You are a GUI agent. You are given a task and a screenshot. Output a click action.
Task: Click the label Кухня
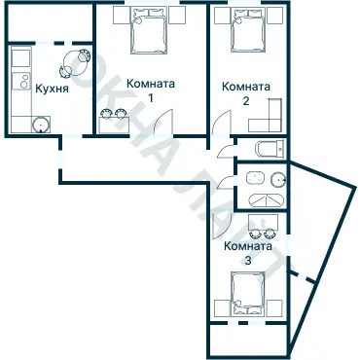[x=51, y=88]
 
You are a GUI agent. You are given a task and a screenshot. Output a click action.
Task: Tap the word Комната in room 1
[x=151, y=84]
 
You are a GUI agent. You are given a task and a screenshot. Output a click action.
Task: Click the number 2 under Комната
[x=245, y=100]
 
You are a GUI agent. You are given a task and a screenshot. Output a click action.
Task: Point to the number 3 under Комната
[x=247, y=260]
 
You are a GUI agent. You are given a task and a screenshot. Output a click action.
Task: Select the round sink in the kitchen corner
[x=41, y=124]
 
